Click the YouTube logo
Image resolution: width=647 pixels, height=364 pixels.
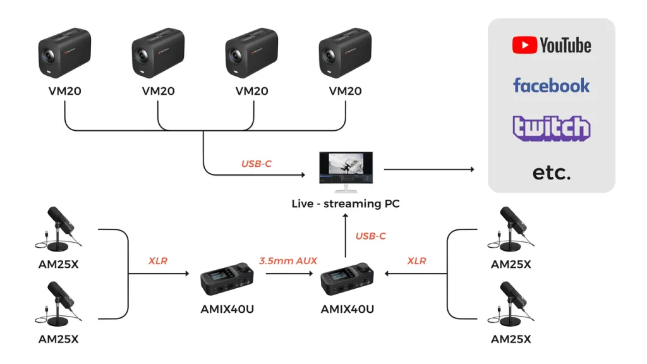tap(551, 45)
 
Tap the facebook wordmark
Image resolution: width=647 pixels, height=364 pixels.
tap(551, 85)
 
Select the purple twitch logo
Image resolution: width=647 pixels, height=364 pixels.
tap(551, 128)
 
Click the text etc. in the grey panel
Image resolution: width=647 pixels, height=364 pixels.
tap(551, 172)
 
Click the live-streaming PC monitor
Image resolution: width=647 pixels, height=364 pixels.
tap(346, 171)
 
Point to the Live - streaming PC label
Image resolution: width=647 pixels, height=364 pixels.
tap(346, 203)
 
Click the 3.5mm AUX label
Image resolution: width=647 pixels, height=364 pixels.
tap(288, 260)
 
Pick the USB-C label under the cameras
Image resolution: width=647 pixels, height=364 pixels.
tap(257, 164)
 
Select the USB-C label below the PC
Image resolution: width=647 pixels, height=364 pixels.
tap(370, 236)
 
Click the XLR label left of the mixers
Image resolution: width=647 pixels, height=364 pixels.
tap(158, 260)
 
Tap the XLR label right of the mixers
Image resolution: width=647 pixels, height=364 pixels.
tap(416, 260)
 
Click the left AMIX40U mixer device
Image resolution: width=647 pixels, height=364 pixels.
tap(228, 279)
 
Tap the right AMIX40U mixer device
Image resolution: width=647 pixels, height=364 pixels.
tap(347, 279)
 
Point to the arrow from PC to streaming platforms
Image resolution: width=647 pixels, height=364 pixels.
tap(429, 169)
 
